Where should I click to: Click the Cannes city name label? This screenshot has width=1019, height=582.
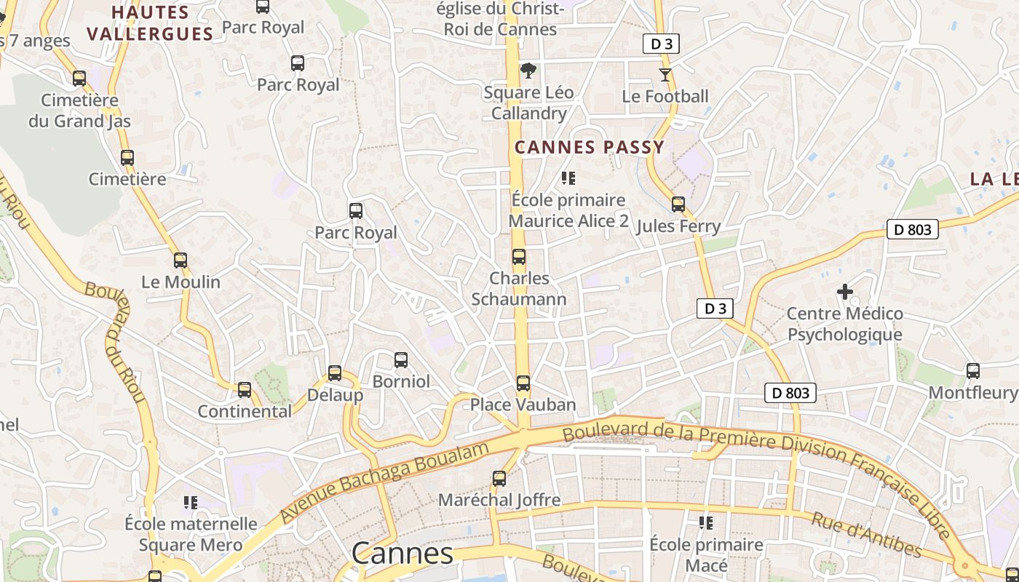tap(402, 554)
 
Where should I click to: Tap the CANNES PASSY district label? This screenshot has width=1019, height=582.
tap(590, 147)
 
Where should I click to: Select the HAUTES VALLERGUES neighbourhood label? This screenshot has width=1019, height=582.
tap(150, 23)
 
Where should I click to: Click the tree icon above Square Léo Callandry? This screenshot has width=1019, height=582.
tap(528, 71)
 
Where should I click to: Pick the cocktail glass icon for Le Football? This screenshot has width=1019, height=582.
tap(665, 74)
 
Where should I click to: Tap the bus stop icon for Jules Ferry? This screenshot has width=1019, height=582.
tap(678, 204)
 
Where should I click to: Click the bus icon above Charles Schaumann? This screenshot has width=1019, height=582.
tap(518, 257)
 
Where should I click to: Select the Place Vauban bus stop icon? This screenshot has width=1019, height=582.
tap(523, 383)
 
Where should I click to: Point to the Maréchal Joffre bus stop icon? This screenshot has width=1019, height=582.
tap(499, 479)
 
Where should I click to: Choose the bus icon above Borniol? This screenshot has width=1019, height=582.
tap(400, 360)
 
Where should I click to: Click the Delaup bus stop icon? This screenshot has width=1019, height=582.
tap(335, 373)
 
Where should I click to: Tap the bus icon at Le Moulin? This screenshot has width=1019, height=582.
tap(181, 260)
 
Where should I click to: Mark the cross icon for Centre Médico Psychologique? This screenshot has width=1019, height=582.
tap(844, 292)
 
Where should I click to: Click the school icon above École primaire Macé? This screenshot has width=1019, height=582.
tap(705, 523)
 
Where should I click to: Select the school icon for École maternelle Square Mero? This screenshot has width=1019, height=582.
tap(191, 502)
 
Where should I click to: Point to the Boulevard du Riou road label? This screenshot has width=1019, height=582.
tap(118, 342)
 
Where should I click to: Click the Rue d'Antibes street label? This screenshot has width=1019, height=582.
tap(866, 535)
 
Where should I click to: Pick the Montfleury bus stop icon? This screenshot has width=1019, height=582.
tap(972, 371)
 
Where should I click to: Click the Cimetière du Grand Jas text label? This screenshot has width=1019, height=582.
tap(79, 111)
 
